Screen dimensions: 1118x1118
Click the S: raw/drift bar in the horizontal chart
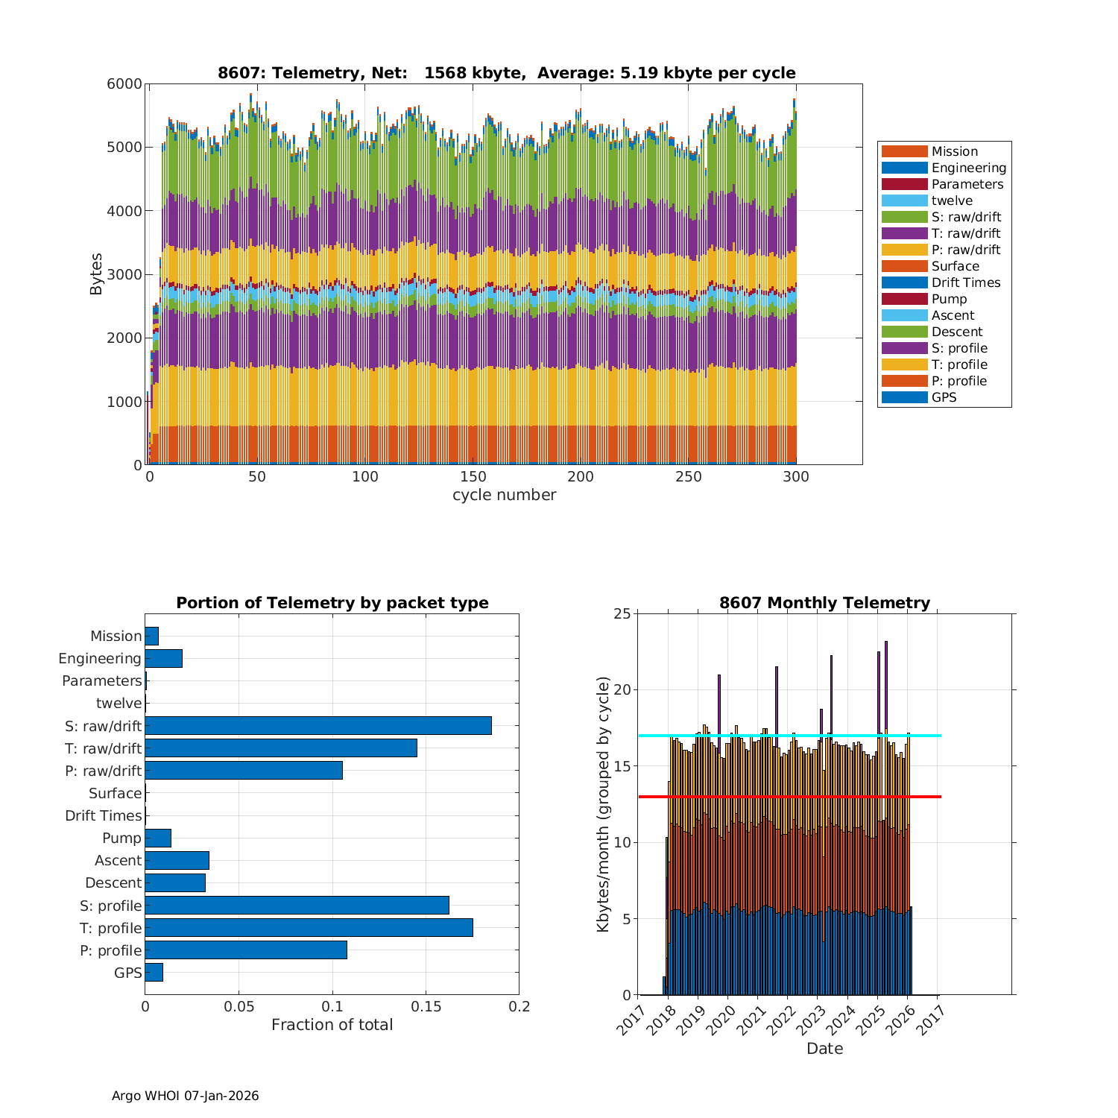(x=318, y=725)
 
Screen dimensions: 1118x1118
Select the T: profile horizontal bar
(x=309, y=927)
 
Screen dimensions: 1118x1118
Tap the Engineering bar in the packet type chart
(x=163, y=658)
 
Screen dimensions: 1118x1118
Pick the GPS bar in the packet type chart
(x=154, y=972)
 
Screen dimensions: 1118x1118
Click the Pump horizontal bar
(x=158, y=838)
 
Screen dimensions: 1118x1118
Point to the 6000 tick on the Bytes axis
(x=124, y=83)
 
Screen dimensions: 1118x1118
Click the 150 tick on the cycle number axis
(x=473, y=477)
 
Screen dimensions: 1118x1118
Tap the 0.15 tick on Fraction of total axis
(x=426, y=1007)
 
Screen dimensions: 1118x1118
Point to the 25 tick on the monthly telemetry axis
(x=622, y=613)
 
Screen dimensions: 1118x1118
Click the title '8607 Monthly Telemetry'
(x=824, y=603)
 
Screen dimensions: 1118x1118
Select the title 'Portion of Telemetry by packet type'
(x=332, y=603)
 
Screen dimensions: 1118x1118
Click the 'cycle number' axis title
(x=504, y=495)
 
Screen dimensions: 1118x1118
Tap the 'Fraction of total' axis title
(x=332, y=1025)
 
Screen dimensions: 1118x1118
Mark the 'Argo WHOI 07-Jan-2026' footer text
(x=185, y=1096)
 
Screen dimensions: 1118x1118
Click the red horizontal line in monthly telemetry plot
(x=924, y=797)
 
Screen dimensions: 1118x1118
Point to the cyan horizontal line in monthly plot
(x=924, y=736)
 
